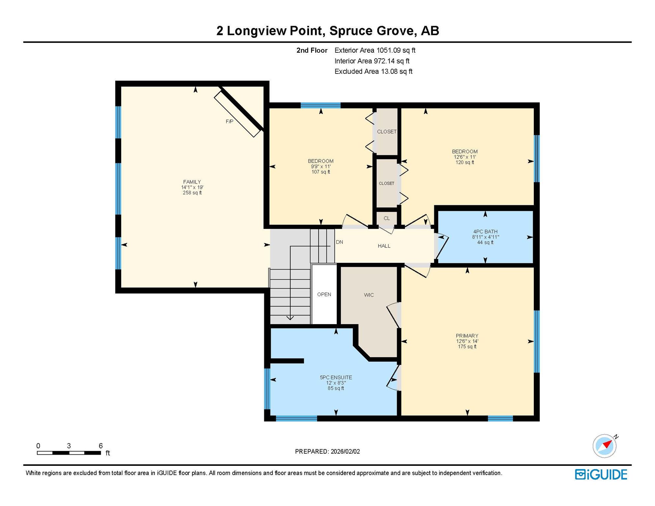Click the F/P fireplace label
click(229, 122)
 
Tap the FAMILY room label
click(192, 182)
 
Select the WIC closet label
click(369, 295)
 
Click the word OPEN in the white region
click(324, 295)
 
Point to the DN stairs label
click(339, 242)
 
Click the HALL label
click(384, 246)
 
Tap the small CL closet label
click(387, 218)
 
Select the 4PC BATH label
click(485, 232)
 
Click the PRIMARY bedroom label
click(467, 336)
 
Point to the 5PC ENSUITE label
click(336, 378)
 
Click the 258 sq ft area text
click(192, 193)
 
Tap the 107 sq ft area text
click(321, 172)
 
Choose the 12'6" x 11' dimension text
click(465, 157)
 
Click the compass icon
click(605, 446)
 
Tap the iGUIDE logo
click(601, 474)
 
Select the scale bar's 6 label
click(101, 446)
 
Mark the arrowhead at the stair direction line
click(290, 318)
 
